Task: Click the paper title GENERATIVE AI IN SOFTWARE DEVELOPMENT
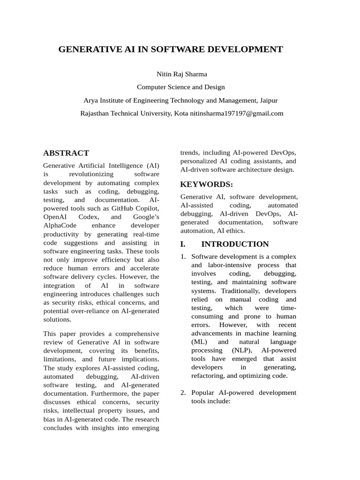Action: [171, 49]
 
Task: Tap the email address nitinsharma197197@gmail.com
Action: [237, 113]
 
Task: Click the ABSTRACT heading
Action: [66, 153]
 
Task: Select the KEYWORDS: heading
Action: [207, 184]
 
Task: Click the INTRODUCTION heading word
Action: [235, 244]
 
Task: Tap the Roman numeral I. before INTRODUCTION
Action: [183, 244]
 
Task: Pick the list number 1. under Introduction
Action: [184, 257]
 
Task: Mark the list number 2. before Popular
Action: [184, 392]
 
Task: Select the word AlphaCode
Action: [59, 225]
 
